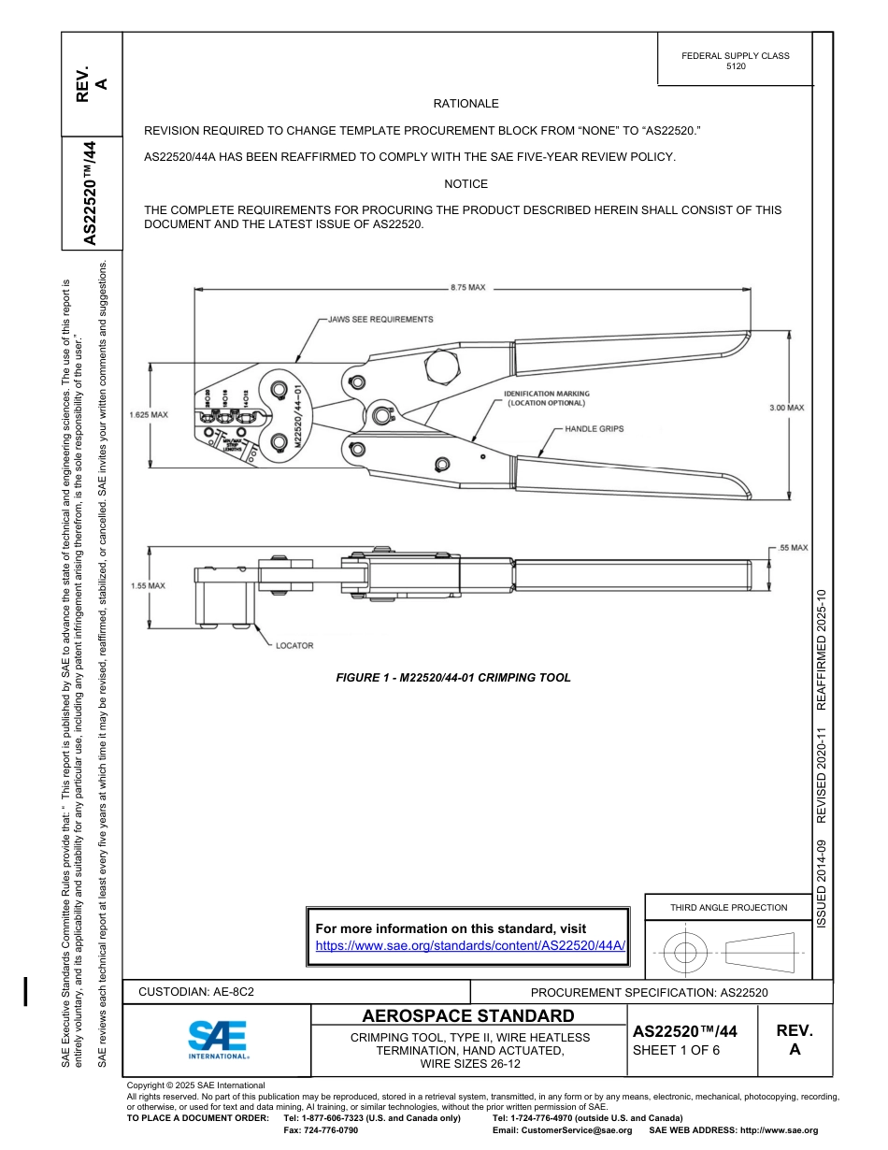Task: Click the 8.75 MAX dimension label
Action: click(467, 288)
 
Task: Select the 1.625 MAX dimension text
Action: click(148, 414)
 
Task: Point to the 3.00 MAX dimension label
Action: click(786, 408)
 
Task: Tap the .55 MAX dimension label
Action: click(793, 547)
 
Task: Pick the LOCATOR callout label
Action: click(294, 645)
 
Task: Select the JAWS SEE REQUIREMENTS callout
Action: click(380, 319)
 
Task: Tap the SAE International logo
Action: click(218, 1039)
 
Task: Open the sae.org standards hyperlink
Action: click(470, 945)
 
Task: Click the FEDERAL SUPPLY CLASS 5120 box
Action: click(735, 61)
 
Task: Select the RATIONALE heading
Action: click(465, 104)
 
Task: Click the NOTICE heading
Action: click(465, 184)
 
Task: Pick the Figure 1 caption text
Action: click(452, 678)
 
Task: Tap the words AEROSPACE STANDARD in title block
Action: click(468, 1016)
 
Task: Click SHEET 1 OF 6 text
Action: click(676, 1049)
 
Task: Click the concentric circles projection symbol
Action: click(685, 953)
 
